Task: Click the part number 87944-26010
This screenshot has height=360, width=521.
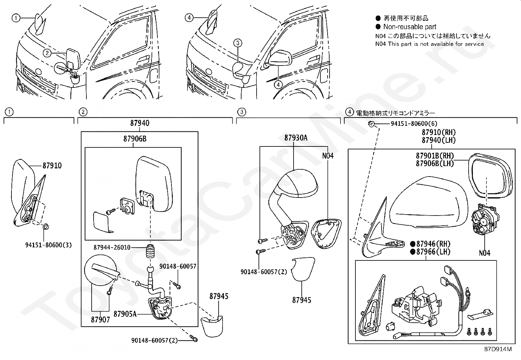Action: pyautogui.click(x=112, y=247)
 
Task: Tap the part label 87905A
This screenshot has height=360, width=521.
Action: pyautogui.click(x=125, y=314)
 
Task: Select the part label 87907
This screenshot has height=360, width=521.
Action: pyautogui.click(x=100, y=319)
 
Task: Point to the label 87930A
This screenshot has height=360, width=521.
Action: pyautogui.click(x=296, y=138)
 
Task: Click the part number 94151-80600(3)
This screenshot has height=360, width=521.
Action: pyautogui.click(x=48, y=245)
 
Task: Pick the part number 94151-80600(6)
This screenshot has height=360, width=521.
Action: pyautogui.click(x=414, y=123)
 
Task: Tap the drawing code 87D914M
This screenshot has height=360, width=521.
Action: pyautogui.click(x=498, y=349)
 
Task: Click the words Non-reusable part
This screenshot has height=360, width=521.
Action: pyautogui.click(x=410, y=27)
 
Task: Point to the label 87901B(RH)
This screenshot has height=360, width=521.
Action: pyautogui.click(x=435, y=156)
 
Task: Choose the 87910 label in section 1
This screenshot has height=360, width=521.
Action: pyautogui.click(x=52, y=165)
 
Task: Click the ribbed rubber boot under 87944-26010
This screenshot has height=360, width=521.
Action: pyautogui.click(x=151, y=253)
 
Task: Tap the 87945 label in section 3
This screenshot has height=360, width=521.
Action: pyautogui.click(x=302, y=300)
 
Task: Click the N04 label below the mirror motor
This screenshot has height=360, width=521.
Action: pyautogui.click(x=484, y=253)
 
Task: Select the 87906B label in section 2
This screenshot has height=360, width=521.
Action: pyautogui.click(x=135, y=139)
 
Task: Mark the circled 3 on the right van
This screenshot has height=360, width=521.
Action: pyautogui.click(x=238, y=43)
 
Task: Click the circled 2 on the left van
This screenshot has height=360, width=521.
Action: pyautogui.click(x=47, y=52)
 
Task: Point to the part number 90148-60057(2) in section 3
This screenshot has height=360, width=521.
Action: pyautogui.click(x=263, y=272)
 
